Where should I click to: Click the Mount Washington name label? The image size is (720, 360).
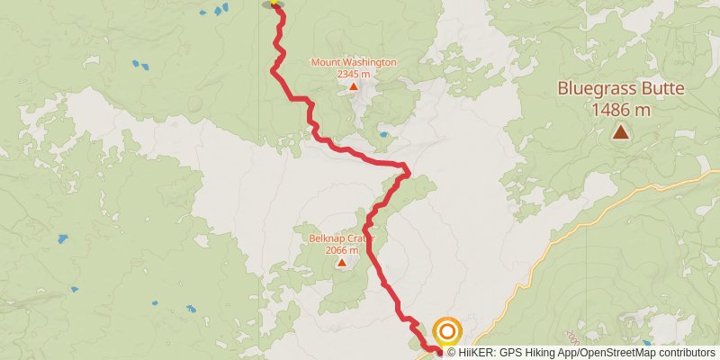[353, 62]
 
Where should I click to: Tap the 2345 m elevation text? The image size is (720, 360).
[353, 74]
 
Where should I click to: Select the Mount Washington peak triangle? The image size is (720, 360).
[354, 87]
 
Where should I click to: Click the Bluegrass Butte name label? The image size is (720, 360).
[621, 89]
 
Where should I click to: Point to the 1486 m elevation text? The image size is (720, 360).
[621, 110]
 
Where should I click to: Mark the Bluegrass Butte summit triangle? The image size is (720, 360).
[621, 132]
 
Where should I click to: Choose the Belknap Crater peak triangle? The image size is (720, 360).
[342, 263]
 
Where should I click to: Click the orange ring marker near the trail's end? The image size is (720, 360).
[447, 331]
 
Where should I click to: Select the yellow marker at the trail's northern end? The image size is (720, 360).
[273, 4]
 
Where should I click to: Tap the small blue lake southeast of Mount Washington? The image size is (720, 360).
[384, 135]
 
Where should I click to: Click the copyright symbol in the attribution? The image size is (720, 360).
[451, 353]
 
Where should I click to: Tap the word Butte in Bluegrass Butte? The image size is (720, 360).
[661, 89]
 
